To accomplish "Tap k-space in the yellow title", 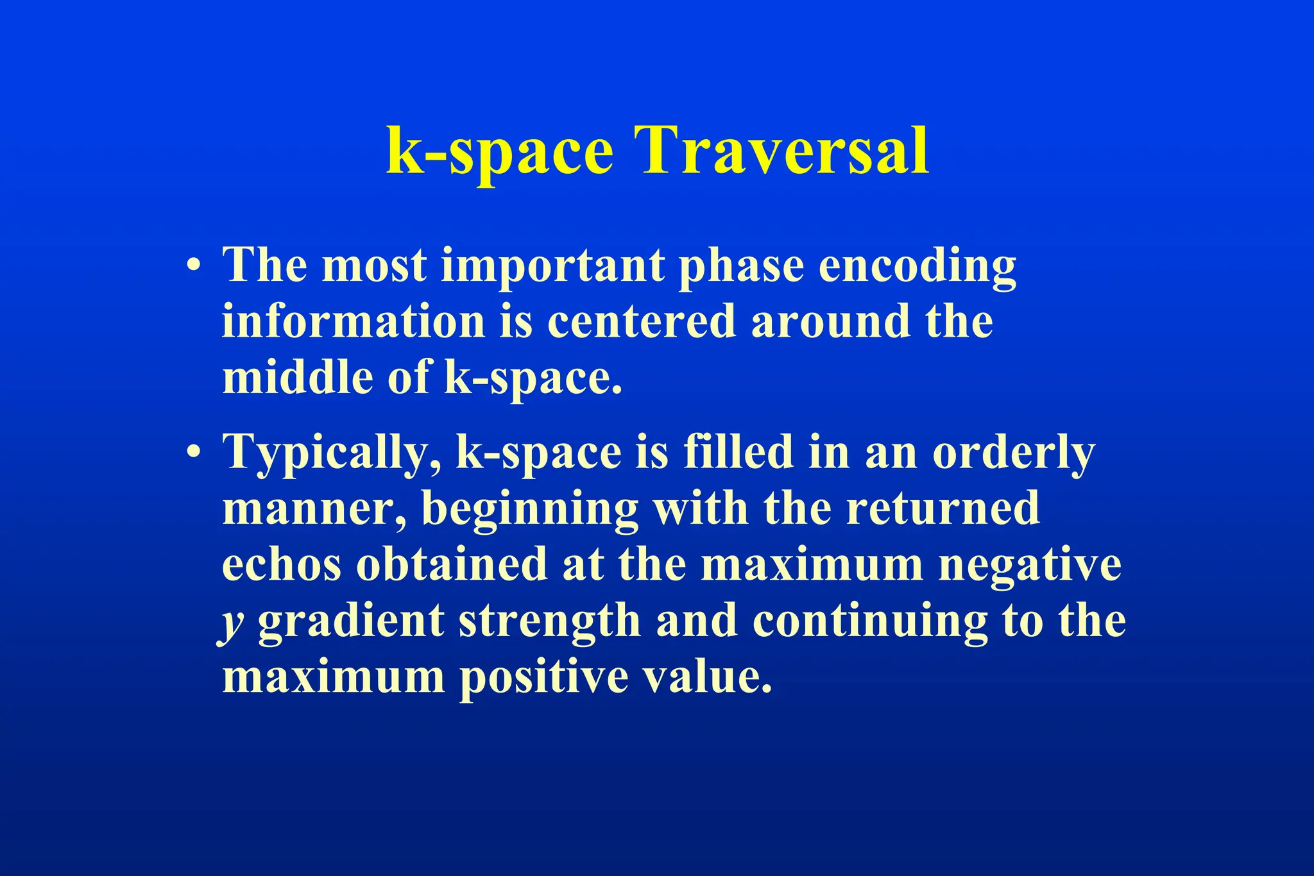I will (x=500, y=151).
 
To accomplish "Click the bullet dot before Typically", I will (x=194, y=453).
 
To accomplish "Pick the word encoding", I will (x=917, y=267).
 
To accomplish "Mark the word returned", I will (x=943, y=509).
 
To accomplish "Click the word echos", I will (x=282, y=565).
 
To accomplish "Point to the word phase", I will (x=741, y=267).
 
